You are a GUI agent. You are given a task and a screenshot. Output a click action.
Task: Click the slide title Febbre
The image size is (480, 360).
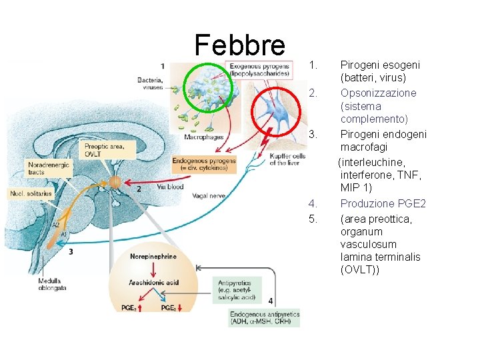point(239,45)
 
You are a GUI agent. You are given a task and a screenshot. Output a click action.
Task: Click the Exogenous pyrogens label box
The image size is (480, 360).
point(259,70)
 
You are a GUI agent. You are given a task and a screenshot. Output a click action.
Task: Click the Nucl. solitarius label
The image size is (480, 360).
point(29,194)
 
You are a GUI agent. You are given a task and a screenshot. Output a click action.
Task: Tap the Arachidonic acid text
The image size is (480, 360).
point(153,283)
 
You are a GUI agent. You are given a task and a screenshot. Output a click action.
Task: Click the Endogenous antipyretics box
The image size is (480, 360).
point(265,318)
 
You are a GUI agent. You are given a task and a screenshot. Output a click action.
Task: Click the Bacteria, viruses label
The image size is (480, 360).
point(150,83)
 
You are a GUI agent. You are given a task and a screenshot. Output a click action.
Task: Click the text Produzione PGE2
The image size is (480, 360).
point(383,203)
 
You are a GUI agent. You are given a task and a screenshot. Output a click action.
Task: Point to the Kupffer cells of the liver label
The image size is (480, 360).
point(287,159)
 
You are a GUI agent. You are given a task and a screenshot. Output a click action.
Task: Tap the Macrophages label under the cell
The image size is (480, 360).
point(204,137)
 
